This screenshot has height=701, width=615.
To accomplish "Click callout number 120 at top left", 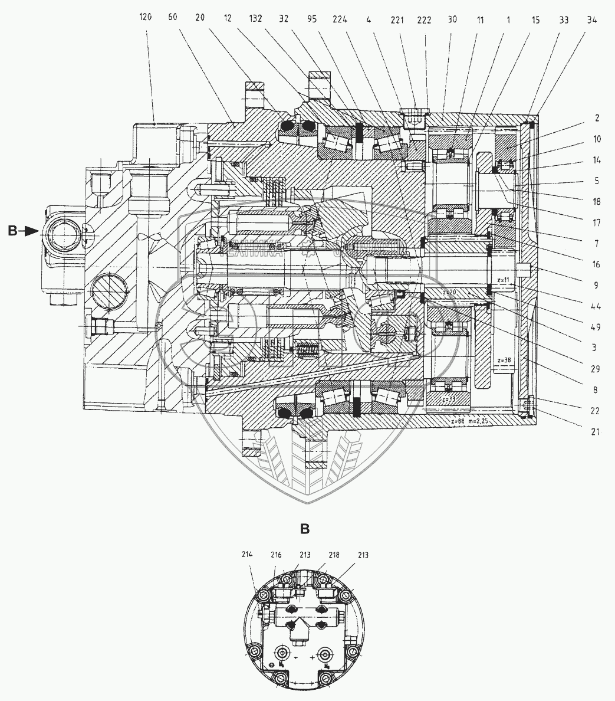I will click(x=146, y=18).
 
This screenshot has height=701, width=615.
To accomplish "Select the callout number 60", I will click(x=173, y=18).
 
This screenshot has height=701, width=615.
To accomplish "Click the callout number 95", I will click(x=312, y=18).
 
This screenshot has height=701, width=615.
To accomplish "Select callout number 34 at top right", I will click(x=592, y=19).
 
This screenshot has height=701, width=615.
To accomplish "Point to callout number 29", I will click(x=596, y=369).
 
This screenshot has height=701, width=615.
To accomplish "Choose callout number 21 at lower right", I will click(x=596, y=432).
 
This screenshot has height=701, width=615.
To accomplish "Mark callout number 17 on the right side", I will click(x=596, y=222).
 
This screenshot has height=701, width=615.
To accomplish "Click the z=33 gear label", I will click(x=449, y=399).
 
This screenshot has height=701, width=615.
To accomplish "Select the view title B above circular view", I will click(x=305, y=529).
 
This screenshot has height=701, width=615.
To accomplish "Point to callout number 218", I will click(x=334, y=555).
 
